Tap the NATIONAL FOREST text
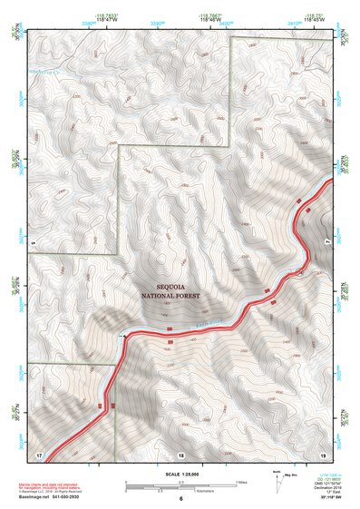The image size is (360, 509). (x=170, y=296)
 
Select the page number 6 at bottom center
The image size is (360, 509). (x=180, y=499)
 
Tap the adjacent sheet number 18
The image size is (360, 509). (x=180, y=453)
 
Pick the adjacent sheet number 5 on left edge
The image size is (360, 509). (x=32, y=243)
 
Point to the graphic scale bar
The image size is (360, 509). (x=180, y=485)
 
